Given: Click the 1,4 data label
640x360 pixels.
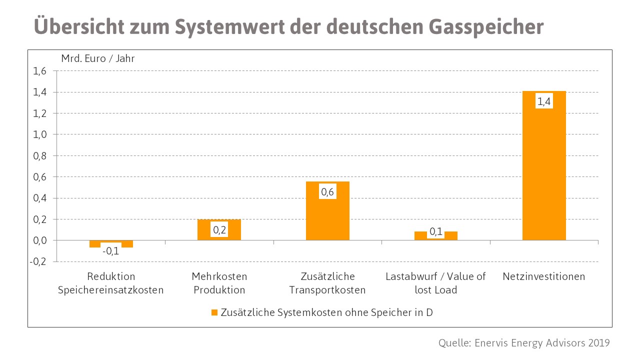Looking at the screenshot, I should coord(544,102).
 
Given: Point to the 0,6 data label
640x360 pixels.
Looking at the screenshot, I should coord(327,192).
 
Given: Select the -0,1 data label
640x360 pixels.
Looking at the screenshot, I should coord(111,251).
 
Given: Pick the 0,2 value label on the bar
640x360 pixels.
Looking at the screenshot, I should coord(219,230).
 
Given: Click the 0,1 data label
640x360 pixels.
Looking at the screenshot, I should coord(436,231).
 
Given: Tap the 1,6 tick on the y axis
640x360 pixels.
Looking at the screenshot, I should coord(40,71).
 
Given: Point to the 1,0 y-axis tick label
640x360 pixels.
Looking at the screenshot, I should coord(40,134).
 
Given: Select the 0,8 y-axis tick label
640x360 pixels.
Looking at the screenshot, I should coord(40,156).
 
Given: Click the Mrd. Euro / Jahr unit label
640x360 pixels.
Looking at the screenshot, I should coord(98,58).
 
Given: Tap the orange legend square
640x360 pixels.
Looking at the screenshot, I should coord(214,312).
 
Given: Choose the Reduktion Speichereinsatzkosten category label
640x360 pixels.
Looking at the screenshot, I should coord(111,283).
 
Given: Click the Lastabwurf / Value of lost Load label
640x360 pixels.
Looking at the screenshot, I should coord(436,283).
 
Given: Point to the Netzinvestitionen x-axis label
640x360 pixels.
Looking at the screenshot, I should coord(544,276).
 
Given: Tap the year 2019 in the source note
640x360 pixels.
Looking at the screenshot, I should coord(598,343).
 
